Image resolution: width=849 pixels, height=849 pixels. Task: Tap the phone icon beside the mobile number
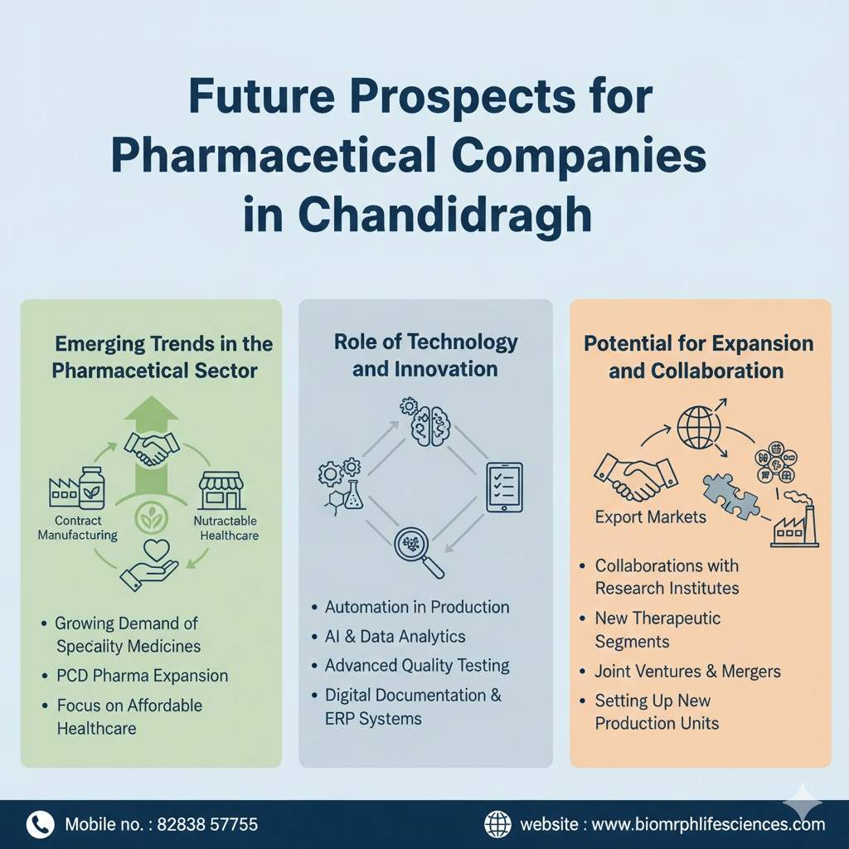click(40, 823)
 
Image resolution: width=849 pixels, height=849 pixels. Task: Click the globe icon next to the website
click(497, 823)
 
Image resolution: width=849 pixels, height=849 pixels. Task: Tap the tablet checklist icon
click(504, 488)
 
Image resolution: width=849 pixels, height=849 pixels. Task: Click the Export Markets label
click(650, 517)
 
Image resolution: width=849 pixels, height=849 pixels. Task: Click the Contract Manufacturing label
click(78, 528)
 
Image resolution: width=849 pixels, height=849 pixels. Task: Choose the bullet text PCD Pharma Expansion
click(143, 675)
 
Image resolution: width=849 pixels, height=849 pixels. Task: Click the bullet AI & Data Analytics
click(395, 637)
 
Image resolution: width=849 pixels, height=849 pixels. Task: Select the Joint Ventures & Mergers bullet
click(687, 671)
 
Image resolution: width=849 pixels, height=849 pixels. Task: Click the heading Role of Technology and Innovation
click(425, 355)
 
